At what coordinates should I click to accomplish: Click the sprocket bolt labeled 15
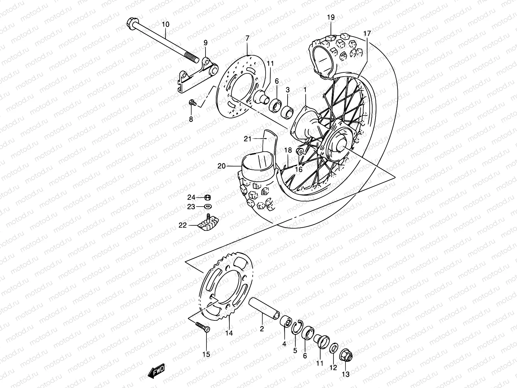point(203,327)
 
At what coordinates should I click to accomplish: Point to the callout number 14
point(229,333)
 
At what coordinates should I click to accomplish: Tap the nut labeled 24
point(208,197)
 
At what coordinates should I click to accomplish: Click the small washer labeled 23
point(208,206)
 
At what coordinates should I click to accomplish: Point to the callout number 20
point(221,166)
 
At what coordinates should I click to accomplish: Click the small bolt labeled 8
point(192,103)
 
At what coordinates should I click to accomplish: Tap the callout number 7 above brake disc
point(247,38)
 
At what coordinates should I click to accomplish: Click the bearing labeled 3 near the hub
point(287,111)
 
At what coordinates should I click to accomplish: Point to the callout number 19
point(331,17)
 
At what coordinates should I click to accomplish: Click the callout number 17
point(367,33)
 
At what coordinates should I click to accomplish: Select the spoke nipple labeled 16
point(300,152)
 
